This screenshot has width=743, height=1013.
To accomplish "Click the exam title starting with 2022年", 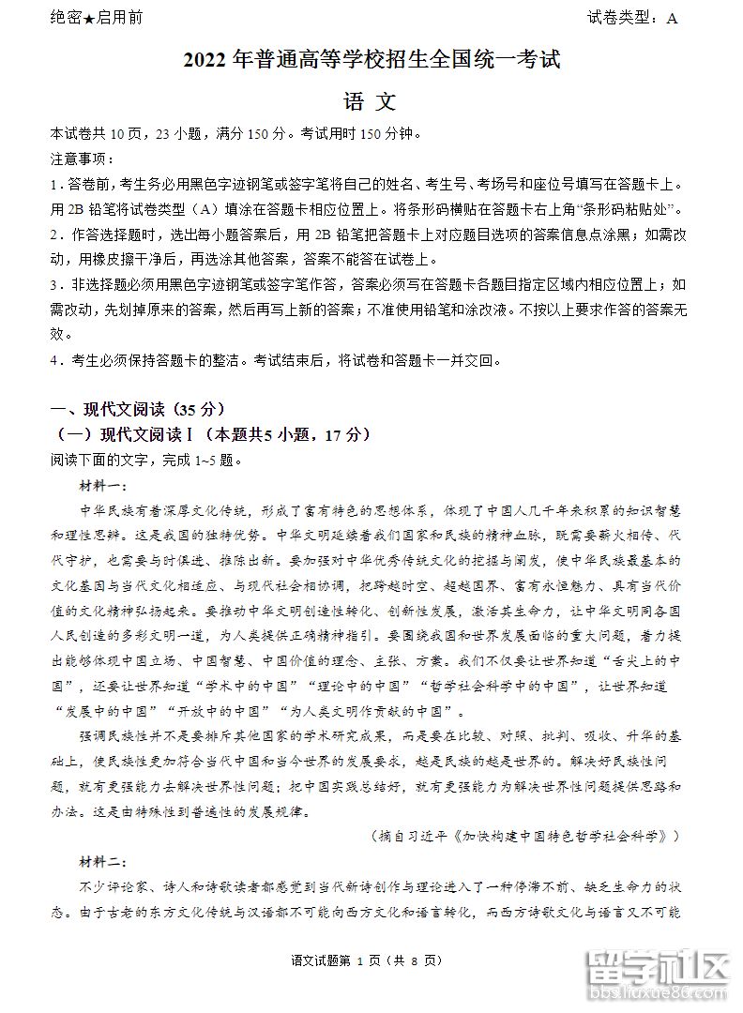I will (x=371, y=62).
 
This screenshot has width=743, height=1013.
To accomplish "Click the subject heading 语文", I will (x=371, y=102).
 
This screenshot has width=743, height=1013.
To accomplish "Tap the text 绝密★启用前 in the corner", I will (x=96, y=18).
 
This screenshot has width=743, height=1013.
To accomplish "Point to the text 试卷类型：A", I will (x=632, y=18).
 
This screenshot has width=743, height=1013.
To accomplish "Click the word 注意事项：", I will (x=83, y=159).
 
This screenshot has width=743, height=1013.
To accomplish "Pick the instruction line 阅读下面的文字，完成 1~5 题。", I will (x=147, y=460).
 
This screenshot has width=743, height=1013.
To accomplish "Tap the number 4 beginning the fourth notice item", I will (x=55, y=360).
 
